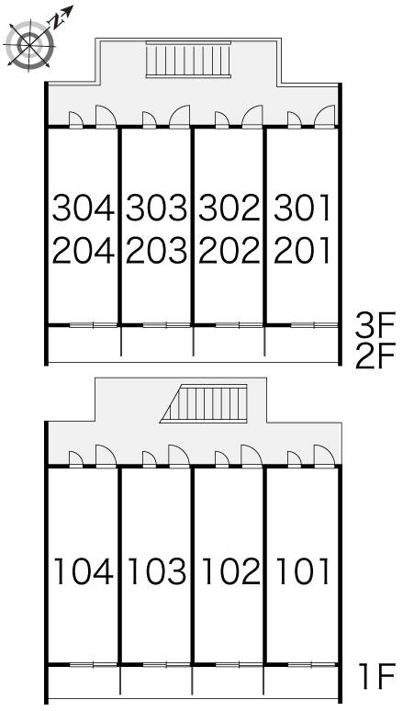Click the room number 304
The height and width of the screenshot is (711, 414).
83,209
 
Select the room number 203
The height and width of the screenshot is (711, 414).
156,250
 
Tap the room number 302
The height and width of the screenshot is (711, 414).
229,209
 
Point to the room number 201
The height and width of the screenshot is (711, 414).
302,250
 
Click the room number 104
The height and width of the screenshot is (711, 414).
84,570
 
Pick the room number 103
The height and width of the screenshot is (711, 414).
157,570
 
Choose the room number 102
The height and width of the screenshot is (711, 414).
230,570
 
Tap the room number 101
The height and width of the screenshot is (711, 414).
302,570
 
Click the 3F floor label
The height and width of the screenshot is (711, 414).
375,325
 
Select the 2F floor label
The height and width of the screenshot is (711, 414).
375,355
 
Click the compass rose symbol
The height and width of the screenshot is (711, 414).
30,44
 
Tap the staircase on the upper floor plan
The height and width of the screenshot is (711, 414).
188,60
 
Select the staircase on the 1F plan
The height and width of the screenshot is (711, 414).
204,403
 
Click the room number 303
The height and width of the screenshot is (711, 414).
156,209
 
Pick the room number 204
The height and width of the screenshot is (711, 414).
83,250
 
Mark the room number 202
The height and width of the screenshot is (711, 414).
229,250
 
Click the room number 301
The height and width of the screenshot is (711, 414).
302,209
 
